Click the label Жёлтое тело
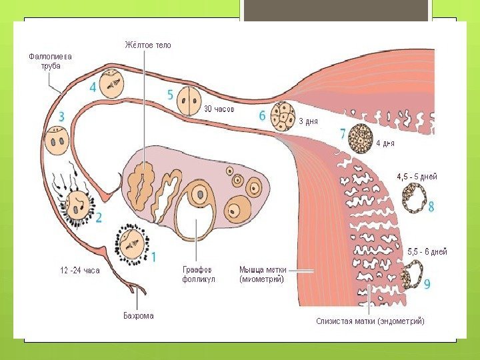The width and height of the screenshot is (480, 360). pyautogui.click(x=147, y=45)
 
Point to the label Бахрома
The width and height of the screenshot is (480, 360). pyautogui.click(x=138, y=315)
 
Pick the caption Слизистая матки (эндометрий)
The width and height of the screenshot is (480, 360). pyautogui.click(x=370, y=321)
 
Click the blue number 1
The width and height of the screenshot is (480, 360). pyautogui.click(x=155, y=256)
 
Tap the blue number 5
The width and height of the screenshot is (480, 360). pyautogui.click(x=171, y=95)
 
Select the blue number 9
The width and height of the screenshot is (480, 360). pyautogui.click(x=426, y=284)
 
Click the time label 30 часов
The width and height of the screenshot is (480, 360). pyautogui.click(x=219, y=109)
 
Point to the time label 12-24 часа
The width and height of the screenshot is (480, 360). pyautogui.click(x=80, y=271)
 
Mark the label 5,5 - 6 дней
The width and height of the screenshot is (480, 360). pyautogui.click(x=427, y=252)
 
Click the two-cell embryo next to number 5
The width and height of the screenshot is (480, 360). pyautogui.click(x=189, y=101)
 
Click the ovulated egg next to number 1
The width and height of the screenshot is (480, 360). pyautogui.click(x=132, y=243)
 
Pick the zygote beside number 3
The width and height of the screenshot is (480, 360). pyautogui.click(x=57, y=141)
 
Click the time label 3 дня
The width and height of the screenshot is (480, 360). pyautogui.click(x=307, y=121)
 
